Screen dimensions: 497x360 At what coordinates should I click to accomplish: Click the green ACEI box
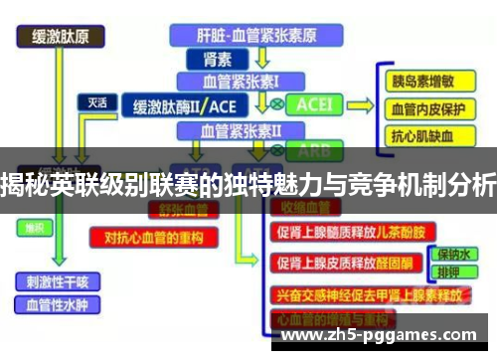pos(315,104)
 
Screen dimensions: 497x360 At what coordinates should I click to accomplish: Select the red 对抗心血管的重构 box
pos(146,237)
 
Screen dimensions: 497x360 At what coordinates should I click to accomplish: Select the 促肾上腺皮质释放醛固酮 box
pos(341,264)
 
